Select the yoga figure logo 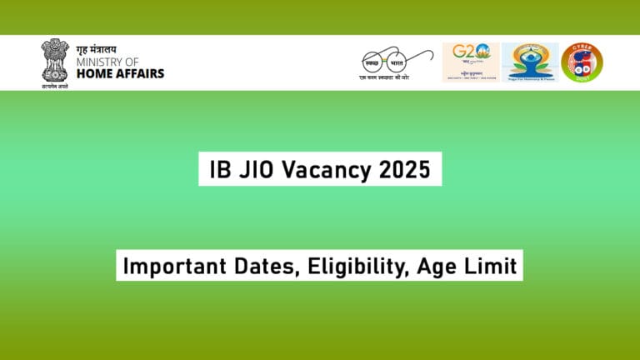[529, 59]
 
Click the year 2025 [403, 170]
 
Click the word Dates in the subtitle [250, 267]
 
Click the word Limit [487, 267]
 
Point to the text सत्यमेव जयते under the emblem [54, 86]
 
